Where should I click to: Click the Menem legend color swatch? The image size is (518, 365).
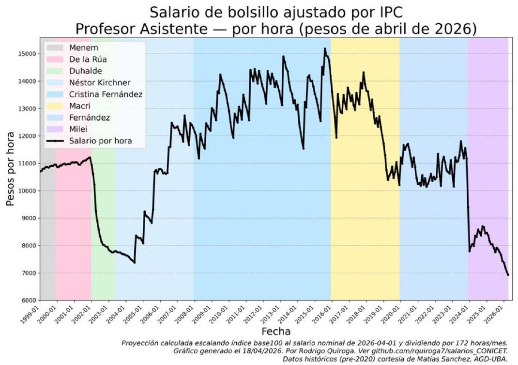pyautogui.click(x=55, y=48)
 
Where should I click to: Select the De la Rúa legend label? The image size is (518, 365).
pyautogui.click(x=88, y=59)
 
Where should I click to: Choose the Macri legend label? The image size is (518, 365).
pyautogui.click(x=79, y=106)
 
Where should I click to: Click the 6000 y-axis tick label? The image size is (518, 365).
pyautogui.click(x=29, y=301)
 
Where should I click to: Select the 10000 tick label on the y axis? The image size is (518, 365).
pyautogui.click(x=28, y=191)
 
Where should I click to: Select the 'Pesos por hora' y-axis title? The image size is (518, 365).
pyautogui.click(x=11, y=169)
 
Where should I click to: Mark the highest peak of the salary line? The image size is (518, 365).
pyautogui.click(x=325, y=48)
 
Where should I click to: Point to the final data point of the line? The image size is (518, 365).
pyautogui.click(x=508, y=275)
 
